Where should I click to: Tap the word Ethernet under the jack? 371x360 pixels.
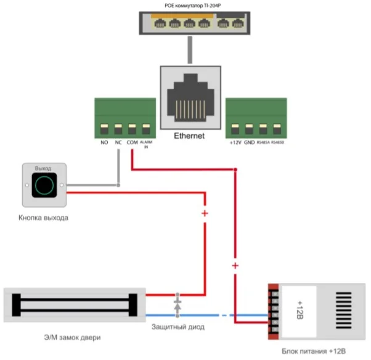(189, 136)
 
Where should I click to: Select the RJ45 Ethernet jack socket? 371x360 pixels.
(190, 98)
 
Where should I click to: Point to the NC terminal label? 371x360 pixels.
(118, 143)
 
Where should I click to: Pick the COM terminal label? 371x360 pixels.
(132, 143)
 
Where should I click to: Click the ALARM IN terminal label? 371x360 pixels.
(146, 144)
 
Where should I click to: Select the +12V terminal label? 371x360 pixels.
(234, 143)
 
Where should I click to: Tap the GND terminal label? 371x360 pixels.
(249, 143)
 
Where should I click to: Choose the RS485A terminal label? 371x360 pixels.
(263, 143)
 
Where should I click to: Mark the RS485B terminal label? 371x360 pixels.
(277, 143)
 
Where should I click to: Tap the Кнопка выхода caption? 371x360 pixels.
(43, 218)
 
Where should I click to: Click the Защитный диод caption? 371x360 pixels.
(177, 327)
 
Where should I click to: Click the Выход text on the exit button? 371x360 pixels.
(43, 168)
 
